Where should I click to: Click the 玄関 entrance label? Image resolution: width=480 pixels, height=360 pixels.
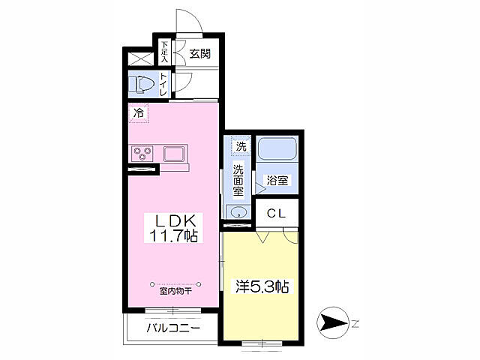199,53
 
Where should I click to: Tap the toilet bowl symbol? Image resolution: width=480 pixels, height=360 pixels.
142,82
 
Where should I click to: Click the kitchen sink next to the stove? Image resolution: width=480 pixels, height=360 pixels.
176,154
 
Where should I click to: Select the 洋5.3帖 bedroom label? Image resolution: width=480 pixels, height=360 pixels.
263,286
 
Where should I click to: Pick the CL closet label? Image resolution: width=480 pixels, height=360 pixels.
276,213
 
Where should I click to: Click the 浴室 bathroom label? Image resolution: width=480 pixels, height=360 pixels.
277,181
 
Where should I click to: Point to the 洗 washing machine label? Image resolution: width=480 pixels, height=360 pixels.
239,145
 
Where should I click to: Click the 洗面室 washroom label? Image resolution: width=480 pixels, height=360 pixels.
238,180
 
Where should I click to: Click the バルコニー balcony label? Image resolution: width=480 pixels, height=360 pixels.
172,328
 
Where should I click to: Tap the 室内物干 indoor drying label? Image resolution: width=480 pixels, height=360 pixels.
175,291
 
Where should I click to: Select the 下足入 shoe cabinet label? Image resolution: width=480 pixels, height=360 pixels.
164,51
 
